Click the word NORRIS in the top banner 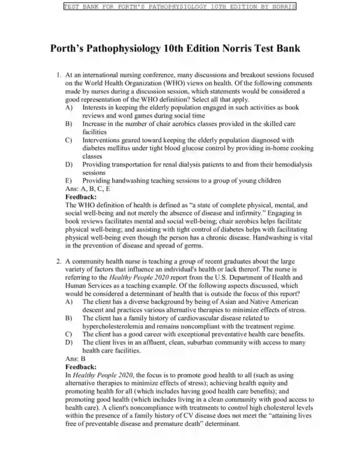coord(282,6)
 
